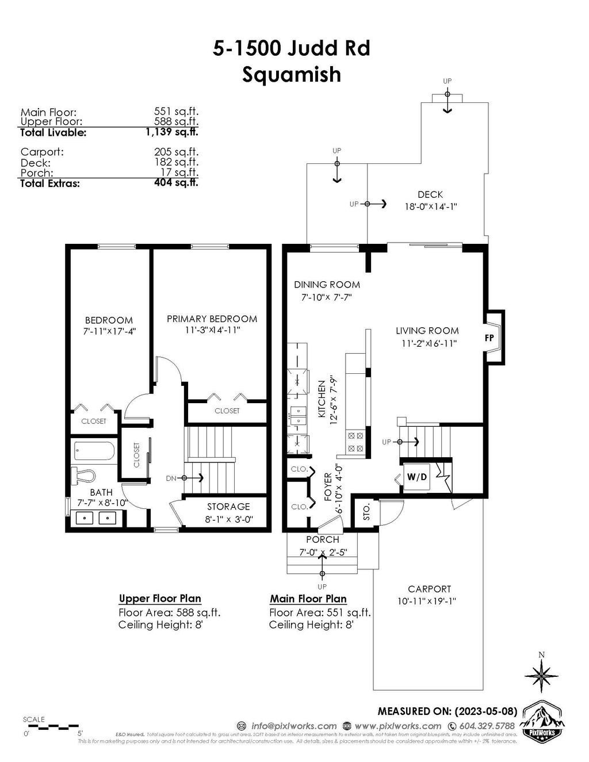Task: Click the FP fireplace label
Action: (489, 338)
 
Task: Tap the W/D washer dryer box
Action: (417, 477)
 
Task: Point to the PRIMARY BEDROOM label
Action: (212, 319)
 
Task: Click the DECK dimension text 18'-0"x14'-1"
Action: (430, 206)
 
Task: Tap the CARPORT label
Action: (429, 589)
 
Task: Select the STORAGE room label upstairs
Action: (228, 507)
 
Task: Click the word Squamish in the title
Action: (291, 74)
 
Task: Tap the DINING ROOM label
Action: (327, 284)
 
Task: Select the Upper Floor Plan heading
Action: (160, 599)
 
